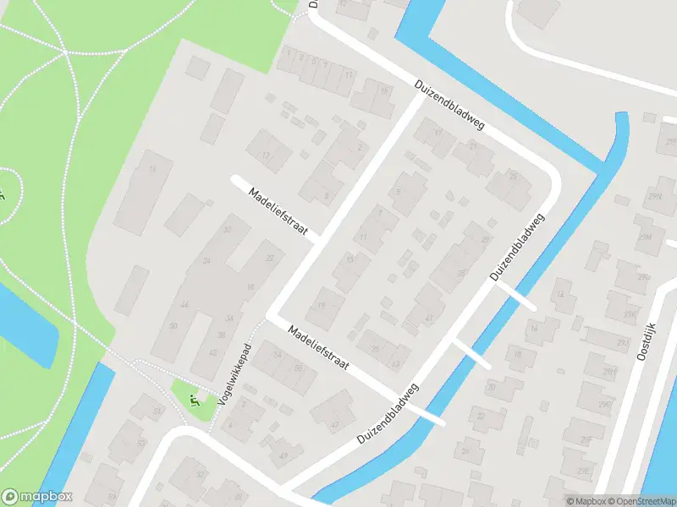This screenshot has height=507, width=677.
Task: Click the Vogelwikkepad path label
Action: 236,374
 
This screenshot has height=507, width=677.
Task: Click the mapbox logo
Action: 37,497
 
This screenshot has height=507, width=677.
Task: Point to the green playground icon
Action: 194,400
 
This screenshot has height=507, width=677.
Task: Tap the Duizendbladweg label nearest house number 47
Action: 388,414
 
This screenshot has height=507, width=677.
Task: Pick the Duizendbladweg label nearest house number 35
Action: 516,247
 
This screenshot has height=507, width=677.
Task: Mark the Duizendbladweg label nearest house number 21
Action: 449,105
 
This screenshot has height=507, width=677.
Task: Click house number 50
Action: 173,325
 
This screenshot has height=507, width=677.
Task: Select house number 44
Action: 184,304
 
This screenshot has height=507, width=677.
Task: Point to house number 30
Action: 226,230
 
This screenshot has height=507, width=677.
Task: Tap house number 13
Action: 350,260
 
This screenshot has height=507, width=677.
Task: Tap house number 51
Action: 111,496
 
